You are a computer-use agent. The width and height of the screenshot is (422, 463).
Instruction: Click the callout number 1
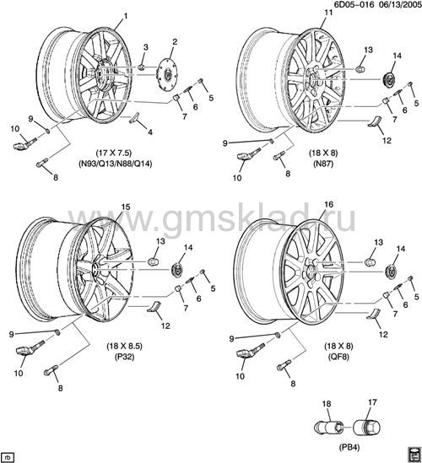[x=126, y=16]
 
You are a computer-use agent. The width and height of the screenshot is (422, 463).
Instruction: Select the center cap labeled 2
[x=166, y=73]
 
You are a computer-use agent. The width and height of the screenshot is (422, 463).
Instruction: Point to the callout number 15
[x=126, y=207]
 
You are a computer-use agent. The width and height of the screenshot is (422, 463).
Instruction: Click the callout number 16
[x=328, y=204]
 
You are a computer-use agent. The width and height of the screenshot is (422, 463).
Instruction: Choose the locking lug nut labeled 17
[x=367, y=428]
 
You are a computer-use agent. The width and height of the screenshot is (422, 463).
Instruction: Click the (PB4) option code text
[x=349, y=448]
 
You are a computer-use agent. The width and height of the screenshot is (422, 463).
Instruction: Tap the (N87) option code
[x=323, y=164]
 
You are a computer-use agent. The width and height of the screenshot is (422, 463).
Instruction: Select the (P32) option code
[x=124, y=357]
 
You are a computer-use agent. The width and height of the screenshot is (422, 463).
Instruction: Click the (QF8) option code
[x=338, y=357]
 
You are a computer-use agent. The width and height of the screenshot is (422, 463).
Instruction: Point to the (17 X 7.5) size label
[x=114, y=153]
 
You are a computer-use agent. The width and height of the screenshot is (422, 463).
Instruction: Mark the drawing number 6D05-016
[x=354, y=4]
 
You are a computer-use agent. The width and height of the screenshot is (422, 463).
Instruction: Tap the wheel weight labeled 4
[x=135, y=117]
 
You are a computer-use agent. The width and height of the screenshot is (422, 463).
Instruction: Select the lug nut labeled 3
[x=141, y=67]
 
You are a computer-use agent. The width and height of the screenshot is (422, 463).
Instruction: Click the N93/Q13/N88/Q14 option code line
[x=116, y=164]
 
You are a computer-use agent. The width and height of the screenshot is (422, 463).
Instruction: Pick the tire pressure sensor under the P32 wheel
[x=30, y=349]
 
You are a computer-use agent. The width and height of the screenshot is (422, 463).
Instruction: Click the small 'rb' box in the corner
[x=8, y=458]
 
